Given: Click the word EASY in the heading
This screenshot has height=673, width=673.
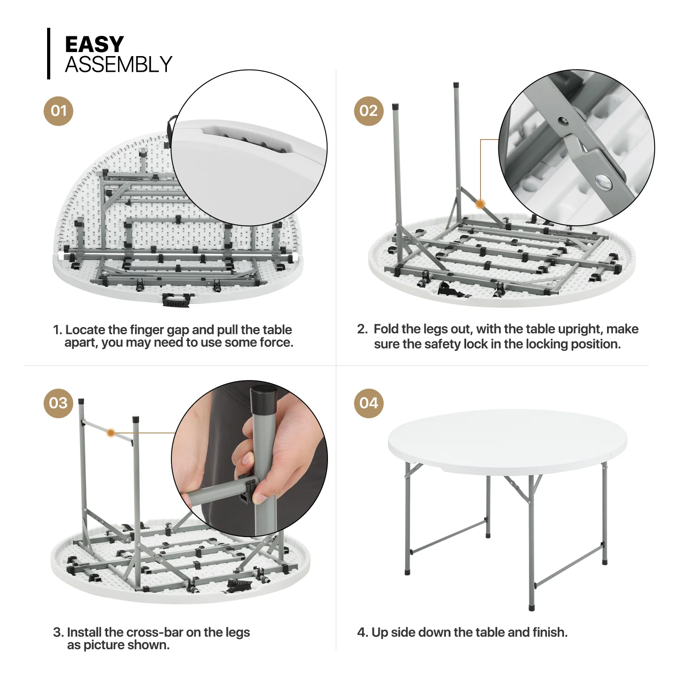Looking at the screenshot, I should pyautogui.click(x=94, y=44).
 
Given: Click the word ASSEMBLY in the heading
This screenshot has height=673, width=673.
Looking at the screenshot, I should pyautogui.click(x=118, y=65).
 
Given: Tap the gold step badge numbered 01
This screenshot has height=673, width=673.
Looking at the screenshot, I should pyautogui.click(x=58, y=111).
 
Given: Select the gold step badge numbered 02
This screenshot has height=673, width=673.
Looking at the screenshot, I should pyautogui.click(x=368, y=111).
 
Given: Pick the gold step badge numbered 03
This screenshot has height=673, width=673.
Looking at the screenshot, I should pyautogui.click(x=58, y=403).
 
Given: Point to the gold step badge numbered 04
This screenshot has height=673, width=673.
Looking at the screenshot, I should pyautogui.click(x=368, y=403).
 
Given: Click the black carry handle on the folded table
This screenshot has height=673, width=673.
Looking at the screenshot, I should pyautogui.click(x=176, y=300).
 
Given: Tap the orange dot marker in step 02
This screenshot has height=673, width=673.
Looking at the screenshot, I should pyautogui.click(x=480, y=204).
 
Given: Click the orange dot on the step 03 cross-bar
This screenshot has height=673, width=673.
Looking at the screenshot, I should pyautogui.click(x=110, y=433).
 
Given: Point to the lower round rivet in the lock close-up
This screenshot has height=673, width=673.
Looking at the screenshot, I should pyautogui.click(x=603, y=181).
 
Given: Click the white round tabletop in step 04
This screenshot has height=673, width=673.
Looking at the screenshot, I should pyautogui.click(x=507, y=440).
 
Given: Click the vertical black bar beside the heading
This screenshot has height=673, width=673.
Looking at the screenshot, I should pyautogui.click(x=48, y=53).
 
